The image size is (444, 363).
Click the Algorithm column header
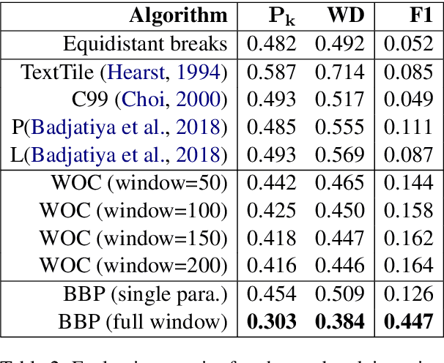178,15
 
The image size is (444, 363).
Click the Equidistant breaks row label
145,44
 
